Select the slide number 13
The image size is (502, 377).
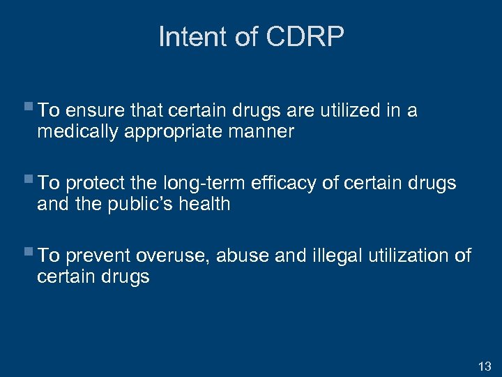(485, 366)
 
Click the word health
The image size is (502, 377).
(204, 204)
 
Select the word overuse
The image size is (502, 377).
(173, 256)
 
